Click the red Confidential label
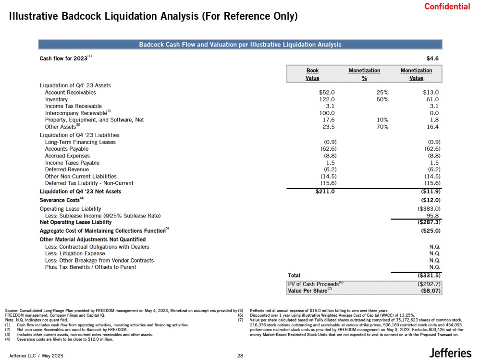click(x=447, y=6)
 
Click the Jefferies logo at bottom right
click(x=450, y=353)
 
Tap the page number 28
click(x=241, y=356)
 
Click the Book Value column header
click(x=312, y=74)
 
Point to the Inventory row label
click(x=56, y=99)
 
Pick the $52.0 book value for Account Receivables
click(x=327, y=92)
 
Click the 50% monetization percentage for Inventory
click(x=382, y=99)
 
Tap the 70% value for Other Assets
click(x=382, y=127)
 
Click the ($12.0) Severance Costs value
click(x=431, y=199)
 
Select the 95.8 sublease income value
click(x=433, y=216)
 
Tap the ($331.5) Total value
click(x=429, y=276)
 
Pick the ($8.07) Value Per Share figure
click(x=431, y=290)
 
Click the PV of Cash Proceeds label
click(x=313, y=284)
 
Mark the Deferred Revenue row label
click(x=67, y=169)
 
